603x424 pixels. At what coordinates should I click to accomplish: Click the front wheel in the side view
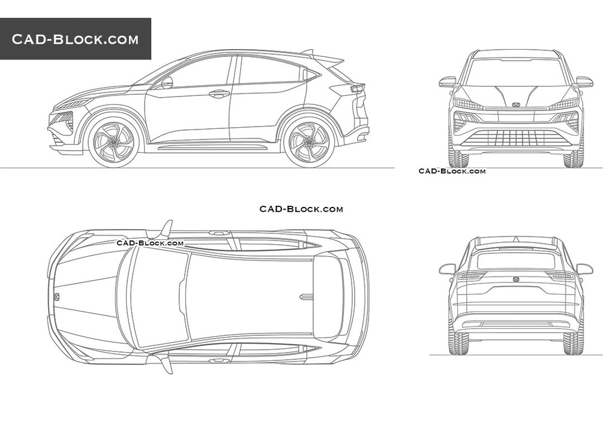coord(113,142)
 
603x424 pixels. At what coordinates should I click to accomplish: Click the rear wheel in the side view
coord(309,142)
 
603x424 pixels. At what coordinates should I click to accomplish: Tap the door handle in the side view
coord(219,93)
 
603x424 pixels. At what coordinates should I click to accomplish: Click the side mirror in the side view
coord(167,82)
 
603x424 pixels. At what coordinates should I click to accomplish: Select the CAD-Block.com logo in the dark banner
coord(75,39)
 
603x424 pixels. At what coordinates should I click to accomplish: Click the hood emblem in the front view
coord(516,104)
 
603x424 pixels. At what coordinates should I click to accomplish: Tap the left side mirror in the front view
coord(448,82)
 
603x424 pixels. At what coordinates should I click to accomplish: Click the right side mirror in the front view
coord(584,82)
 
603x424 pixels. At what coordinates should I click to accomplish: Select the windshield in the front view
coord(516,73)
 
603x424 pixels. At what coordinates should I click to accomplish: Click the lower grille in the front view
coord(516,138)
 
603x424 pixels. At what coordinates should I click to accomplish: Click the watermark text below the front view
coord(452,171)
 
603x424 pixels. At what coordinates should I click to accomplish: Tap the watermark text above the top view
coord(301,209)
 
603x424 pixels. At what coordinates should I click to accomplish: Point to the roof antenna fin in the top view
coord(307,296)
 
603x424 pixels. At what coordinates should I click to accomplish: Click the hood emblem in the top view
coord(56,296)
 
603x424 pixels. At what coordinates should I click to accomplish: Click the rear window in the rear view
coord(516,261)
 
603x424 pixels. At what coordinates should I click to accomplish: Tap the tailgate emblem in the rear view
coord(516,279)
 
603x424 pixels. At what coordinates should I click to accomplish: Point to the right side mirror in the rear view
coord(584,269)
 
